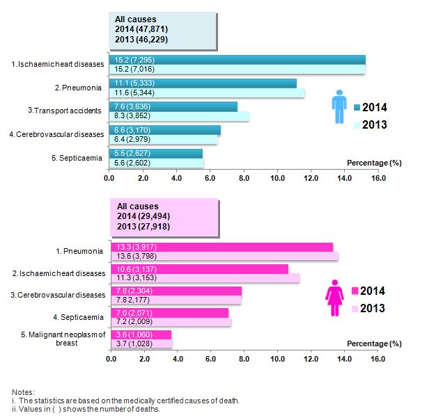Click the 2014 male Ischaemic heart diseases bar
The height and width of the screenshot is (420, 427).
click(237, 59)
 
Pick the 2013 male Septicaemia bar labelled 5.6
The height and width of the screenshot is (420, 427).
click(156, 163)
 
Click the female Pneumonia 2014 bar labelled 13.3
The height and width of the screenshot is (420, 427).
click(222, 247)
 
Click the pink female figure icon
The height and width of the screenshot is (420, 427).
click(334, 300)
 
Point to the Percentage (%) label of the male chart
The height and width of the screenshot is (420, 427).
click(374, 162)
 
